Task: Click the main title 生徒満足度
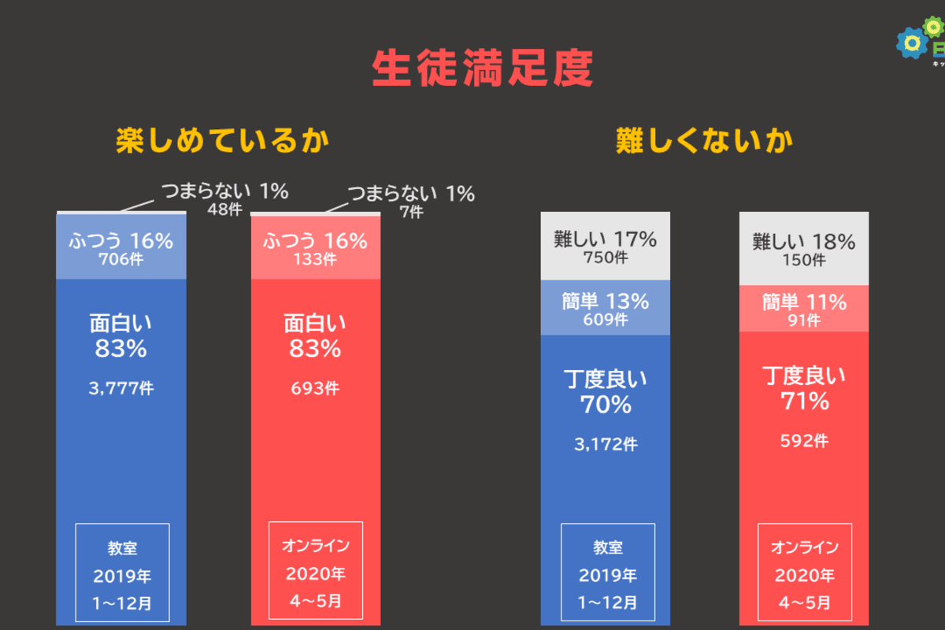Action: (x=482, y=69)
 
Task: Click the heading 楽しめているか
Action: (x=222, y=141)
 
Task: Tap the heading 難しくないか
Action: (x=704, y=141)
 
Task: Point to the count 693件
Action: (x=315, y=388)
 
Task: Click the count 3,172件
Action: (x=606, y=444)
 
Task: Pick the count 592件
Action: (x=804, y=441)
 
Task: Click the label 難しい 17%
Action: (x=606, y=239)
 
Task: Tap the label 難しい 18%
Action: (x=804, y=241)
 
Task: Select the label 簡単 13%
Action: (x=606, y=301)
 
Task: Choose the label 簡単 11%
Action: (x=804, y=302)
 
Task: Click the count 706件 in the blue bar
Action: (x=121, y=258)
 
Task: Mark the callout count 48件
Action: (x=224, y=210)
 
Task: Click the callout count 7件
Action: (x=410, y=212)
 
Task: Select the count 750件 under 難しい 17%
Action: (x=606, y=257)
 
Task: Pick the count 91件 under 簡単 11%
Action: (x=804, y=320)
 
